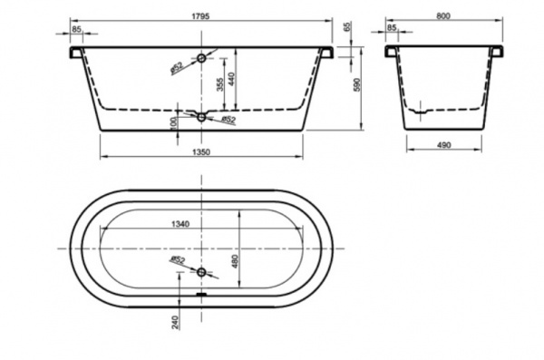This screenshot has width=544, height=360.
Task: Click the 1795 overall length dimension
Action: (200, 16)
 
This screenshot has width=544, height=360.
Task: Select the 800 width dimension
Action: (443, 16)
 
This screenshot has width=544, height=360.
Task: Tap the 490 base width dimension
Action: (443, 145)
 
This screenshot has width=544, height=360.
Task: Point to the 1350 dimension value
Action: (201, 152)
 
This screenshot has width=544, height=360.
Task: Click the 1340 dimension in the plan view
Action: (180, 224)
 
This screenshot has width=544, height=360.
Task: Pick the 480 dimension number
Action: (235, 261)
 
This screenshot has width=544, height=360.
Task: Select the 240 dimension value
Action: (176, 322)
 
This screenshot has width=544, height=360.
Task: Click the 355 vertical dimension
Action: (219, 84)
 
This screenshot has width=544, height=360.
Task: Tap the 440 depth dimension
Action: (231, 79)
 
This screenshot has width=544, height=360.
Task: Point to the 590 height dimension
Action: (357, 85)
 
